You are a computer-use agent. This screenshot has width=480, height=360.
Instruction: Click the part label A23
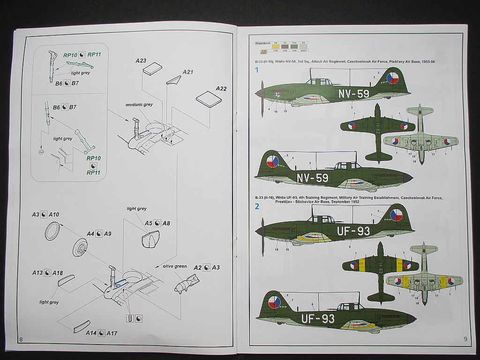tap(141, 60)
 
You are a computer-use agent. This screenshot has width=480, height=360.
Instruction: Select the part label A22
tap(221, 89)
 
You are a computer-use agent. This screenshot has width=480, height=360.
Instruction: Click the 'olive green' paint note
tap(174, 266)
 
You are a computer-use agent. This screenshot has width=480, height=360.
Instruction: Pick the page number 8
tap(19, 339)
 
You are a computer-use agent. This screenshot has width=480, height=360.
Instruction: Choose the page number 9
tap(465, 338)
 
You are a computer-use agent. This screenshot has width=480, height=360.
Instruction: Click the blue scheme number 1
tap(256, 70)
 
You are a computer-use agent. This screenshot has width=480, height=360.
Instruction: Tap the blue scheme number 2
tap(256, 206)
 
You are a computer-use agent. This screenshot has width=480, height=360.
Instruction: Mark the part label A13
tap(37, 273)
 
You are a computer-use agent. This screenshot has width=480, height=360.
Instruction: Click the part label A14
tap(91, 333)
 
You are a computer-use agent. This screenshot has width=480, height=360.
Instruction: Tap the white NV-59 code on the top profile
tap(353, 93)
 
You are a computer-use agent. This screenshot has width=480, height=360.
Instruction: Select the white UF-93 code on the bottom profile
tap(318, 319)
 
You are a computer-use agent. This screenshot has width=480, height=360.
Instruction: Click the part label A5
tap(149, 223)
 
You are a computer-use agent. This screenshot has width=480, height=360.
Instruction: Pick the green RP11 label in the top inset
tap(94, 55)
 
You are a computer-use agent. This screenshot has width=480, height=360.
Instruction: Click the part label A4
tap(90, 233)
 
